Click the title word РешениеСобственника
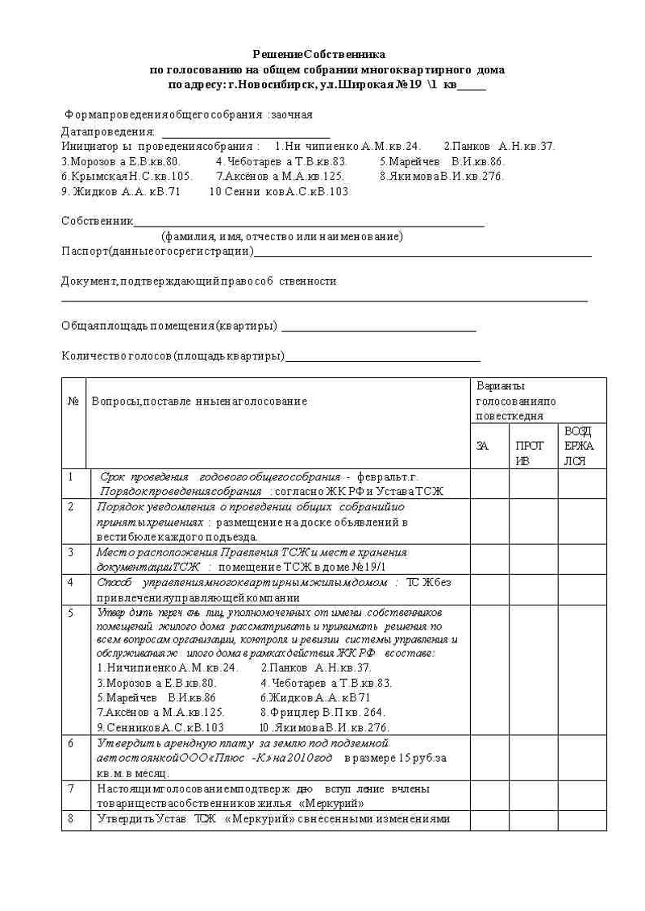tap(318, 55)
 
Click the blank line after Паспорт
tap(422, 252)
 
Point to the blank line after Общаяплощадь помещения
tap(378, 328)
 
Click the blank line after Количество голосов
tap(383, 358)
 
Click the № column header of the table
tap(73, 401)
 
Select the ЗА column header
tap(483, 445)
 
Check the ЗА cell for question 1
tap(489, 484)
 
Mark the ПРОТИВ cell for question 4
tap(533, 589)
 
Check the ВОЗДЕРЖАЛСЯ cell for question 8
tap(581, 820)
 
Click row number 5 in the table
tap(72, 613)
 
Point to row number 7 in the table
tap(72, 788)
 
